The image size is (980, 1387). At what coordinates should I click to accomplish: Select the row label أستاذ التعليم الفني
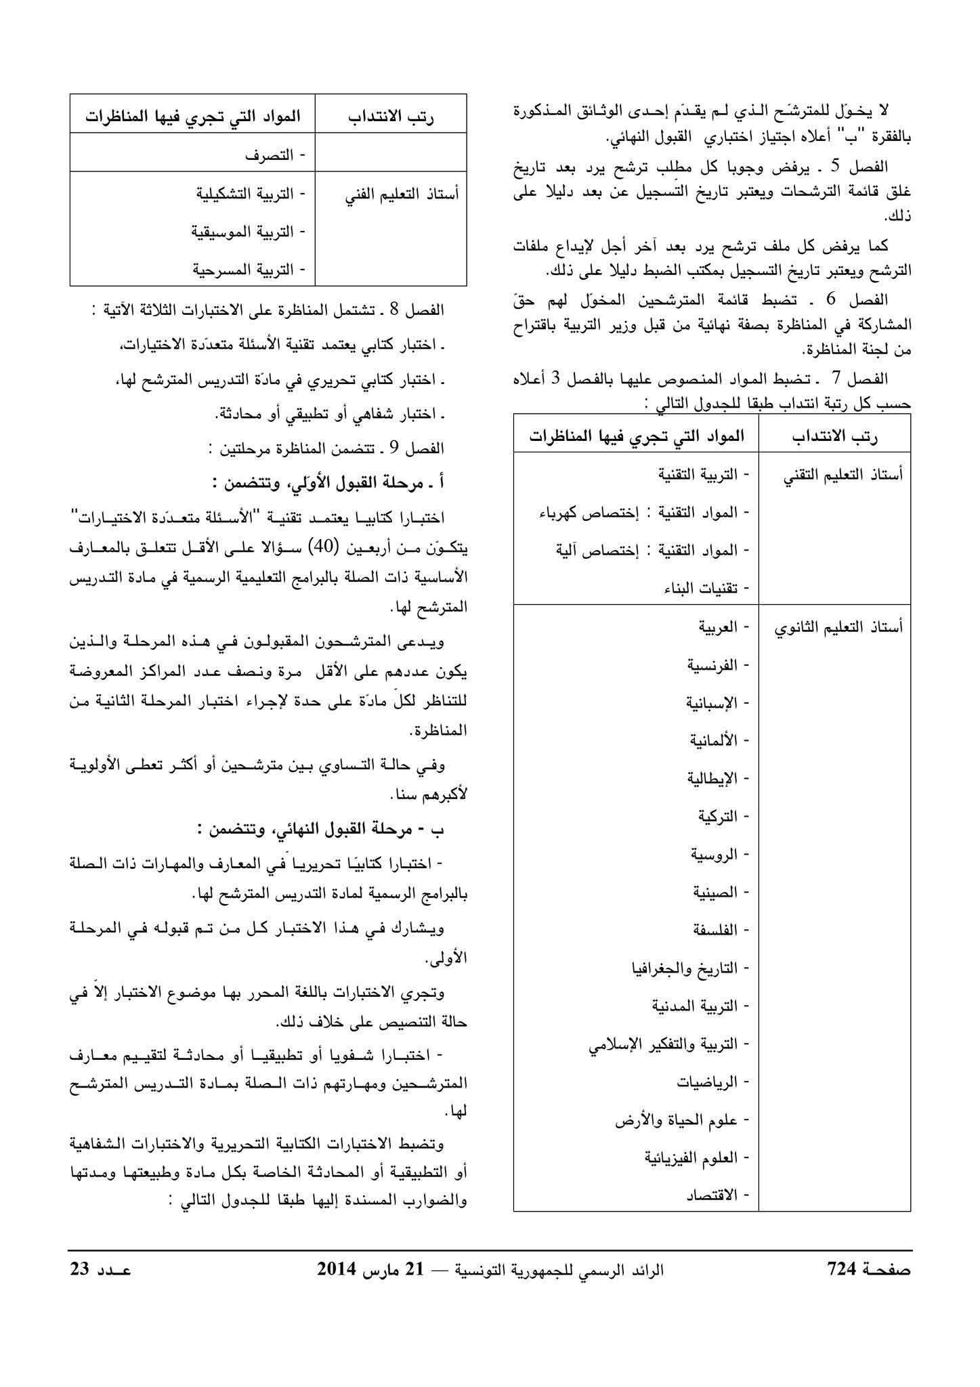[x=402, y=194]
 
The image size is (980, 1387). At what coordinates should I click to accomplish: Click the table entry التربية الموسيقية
[x=248, y=232]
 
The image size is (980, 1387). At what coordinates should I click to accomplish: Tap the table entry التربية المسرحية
[x=248, y=270]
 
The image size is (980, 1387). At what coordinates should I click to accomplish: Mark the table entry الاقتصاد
[x=712, y=1196]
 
